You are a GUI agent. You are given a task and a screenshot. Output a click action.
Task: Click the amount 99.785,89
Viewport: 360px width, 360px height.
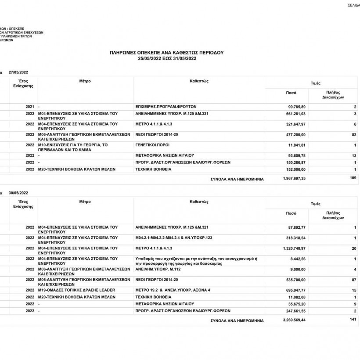click(x=296, y=107)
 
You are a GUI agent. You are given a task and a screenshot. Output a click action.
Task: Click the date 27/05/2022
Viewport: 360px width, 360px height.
click(x=18, y=72)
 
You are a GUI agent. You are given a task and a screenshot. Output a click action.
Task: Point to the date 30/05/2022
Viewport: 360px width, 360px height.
click(x=18, y=193)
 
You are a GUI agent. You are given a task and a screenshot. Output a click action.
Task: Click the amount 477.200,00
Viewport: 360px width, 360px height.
click(x=296, y=135)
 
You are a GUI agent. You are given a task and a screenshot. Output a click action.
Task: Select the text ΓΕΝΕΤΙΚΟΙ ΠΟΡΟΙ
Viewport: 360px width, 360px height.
click(x=152, y=144)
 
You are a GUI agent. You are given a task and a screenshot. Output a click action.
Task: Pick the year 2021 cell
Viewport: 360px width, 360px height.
click(x=30, y=107)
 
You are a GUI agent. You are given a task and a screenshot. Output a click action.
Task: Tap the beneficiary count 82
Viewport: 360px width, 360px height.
click(x=354, y=135)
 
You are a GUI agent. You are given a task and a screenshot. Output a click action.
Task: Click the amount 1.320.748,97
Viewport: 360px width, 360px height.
click(x=294, y=248)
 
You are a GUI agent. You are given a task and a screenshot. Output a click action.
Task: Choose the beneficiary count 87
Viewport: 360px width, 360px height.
click(x=354, y=279)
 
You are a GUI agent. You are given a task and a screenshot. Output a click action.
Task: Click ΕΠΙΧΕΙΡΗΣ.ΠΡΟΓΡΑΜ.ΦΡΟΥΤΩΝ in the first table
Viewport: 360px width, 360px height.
click(x=166, y=107)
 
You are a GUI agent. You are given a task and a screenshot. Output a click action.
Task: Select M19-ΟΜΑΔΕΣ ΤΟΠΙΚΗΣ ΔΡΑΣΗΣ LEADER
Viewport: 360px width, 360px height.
click(x=77, y=290)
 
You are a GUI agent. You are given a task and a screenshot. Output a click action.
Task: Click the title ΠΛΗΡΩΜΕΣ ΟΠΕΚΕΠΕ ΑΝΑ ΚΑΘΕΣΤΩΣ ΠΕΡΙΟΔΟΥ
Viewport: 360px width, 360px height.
click(x=166, y=52)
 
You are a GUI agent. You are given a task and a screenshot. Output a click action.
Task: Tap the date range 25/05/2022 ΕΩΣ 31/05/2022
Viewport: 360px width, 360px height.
click(x=166, y=58)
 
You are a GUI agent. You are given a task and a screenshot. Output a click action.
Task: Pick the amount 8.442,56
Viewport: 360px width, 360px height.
click(x=298, y=259)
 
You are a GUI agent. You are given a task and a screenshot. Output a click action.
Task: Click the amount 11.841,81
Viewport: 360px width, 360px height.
click(x=298, y=145)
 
